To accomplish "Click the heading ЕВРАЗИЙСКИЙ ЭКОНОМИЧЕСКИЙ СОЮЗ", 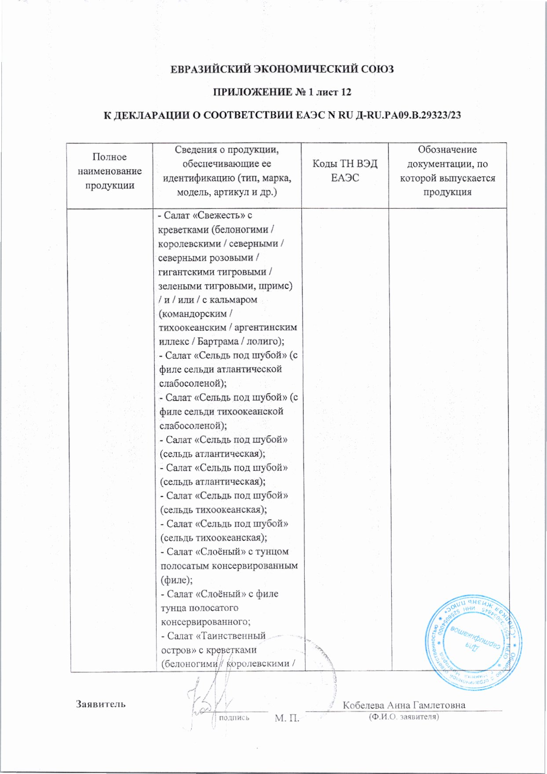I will coord(282,69).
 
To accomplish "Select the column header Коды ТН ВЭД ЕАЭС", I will coord(345,171).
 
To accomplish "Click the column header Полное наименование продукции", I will coord(109,171).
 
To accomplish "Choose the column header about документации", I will coord(447,171).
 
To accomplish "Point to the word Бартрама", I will coord(218,342).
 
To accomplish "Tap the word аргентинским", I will coord(266,328).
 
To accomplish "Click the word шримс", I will coord(275,286).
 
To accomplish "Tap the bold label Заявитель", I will coord(101,704).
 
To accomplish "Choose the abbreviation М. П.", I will coord(287,719).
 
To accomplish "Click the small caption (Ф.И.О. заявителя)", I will coord(403,717).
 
